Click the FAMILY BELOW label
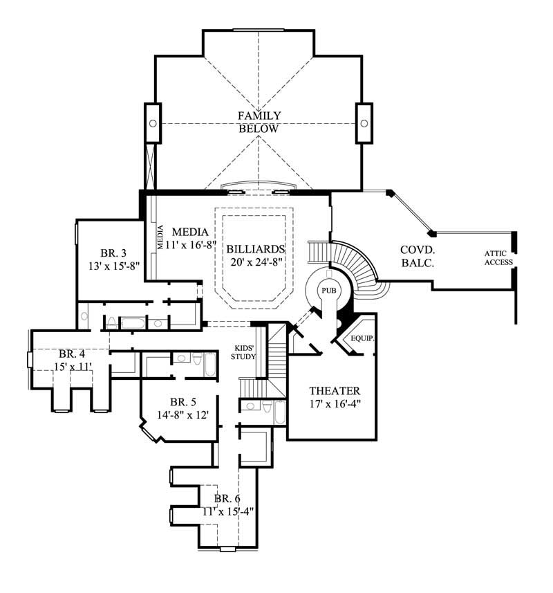(259, 122)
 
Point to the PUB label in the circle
(328, 291)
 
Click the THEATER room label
(332, 390)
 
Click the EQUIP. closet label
(362, 339)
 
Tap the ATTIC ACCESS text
(498, 257)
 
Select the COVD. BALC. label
(417, 256)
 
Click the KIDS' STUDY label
(245, 352)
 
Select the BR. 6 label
(227, 498)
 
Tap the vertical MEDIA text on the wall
(160, 237)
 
